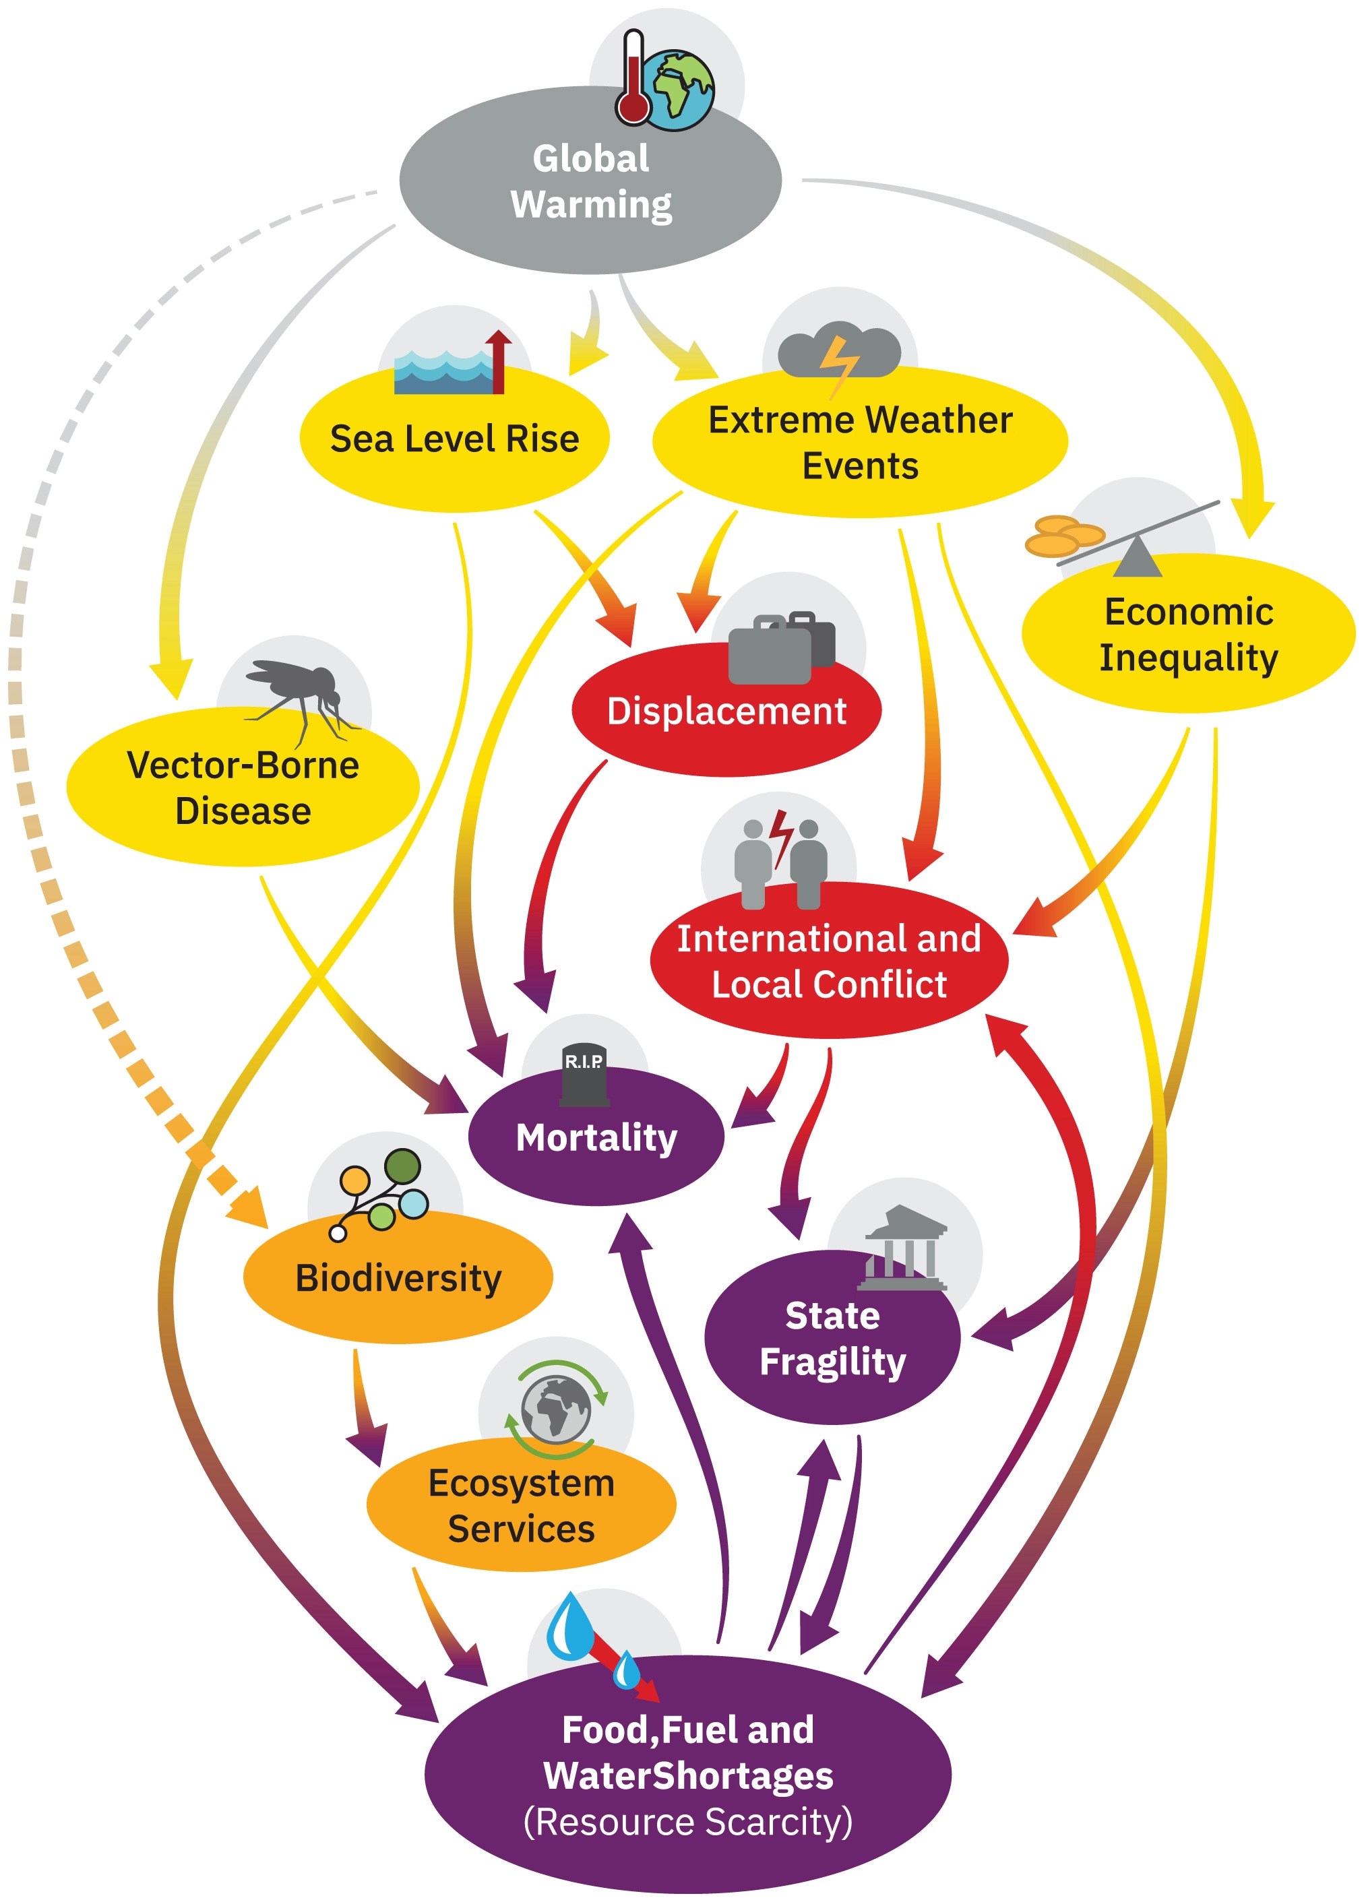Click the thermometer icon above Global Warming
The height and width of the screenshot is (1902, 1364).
coord(633,80)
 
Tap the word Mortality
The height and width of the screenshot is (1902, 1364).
coord(596,1138)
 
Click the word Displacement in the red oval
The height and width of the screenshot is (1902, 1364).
coord(726,711)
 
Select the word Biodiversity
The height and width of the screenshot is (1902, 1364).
coord(398,1278)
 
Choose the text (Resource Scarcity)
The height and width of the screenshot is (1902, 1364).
coord(688,1822)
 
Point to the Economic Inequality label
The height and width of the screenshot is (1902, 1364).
coord(1189,634)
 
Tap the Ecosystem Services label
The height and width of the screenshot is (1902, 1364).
coord(521,1505)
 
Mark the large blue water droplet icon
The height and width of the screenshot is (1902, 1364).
coord(570,1627)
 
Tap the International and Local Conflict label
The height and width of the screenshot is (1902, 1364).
coord(829,961)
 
